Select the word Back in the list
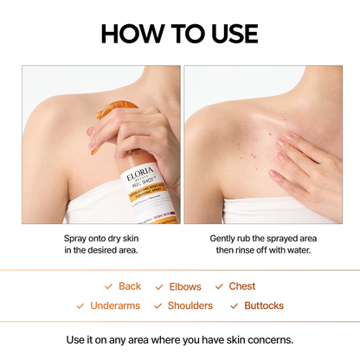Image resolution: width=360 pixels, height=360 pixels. tap(130, 286)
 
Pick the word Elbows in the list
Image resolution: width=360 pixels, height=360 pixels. tap(184, 286)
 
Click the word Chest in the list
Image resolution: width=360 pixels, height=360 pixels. tap(242, 286)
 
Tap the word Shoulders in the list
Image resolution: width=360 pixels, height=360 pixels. tap(190, 305)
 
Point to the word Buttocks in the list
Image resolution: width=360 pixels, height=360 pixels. tap(264, 305)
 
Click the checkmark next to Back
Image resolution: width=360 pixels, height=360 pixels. tap(108, 286)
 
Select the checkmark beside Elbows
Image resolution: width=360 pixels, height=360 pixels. tap(159, 286)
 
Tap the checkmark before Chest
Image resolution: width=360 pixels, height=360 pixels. tap(220, 286)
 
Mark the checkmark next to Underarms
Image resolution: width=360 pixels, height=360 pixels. tap(80, 305)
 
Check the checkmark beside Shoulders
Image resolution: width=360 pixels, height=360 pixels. tap(157, 305)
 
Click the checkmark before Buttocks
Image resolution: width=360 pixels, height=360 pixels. tap(235, 305)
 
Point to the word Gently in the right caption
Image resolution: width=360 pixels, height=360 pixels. tap(227, 237)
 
